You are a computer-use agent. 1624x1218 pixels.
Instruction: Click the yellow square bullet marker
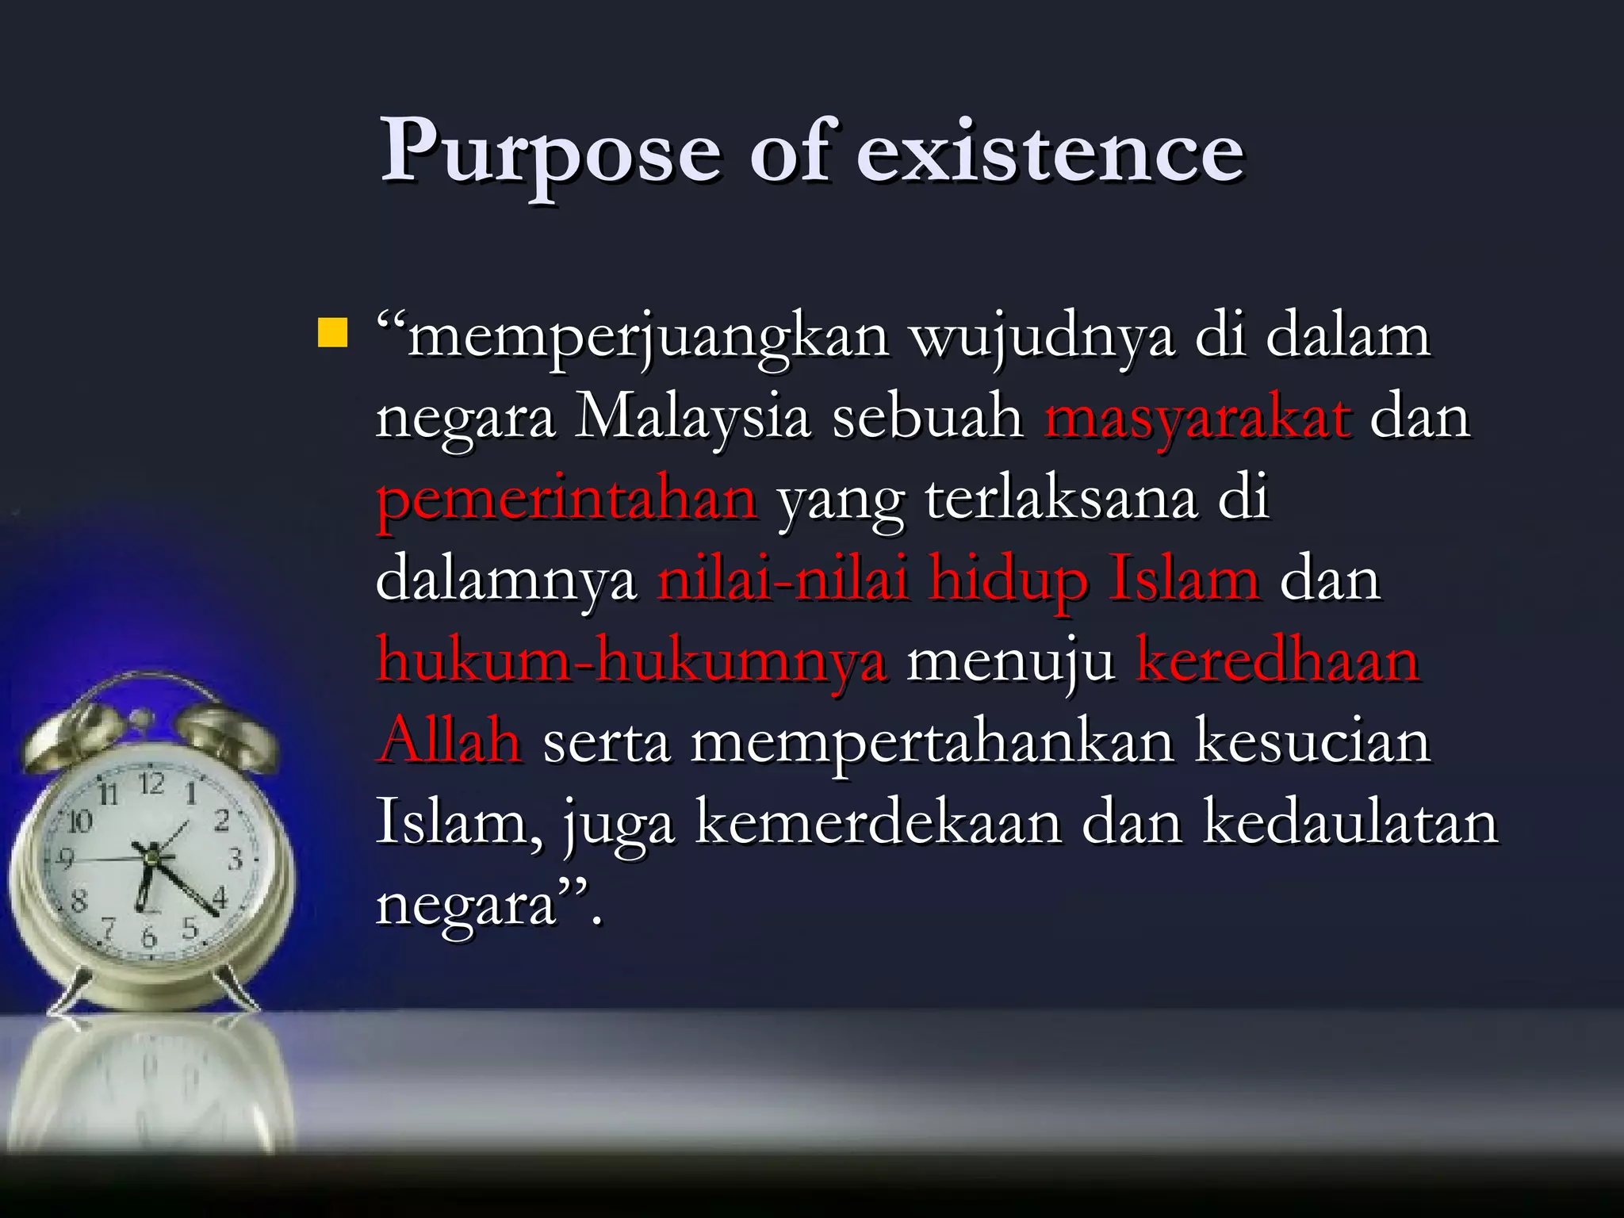coord(331,333)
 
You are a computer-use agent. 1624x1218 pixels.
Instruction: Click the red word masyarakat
coord(1197,418)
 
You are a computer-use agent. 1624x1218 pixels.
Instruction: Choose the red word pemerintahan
coord(566,501)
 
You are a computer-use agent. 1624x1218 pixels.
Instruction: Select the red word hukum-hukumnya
coord(631,662)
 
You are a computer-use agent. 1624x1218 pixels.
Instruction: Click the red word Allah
coord(449,743)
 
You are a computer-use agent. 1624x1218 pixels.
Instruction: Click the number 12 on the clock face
coord(151,784)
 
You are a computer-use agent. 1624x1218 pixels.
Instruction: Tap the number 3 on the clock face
coord(236,859)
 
